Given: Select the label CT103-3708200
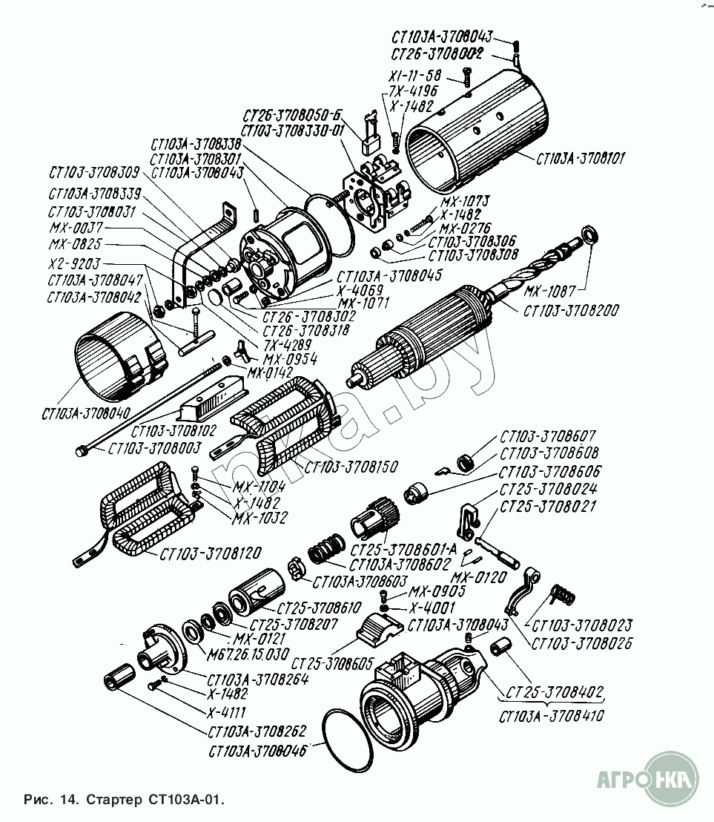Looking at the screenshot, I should coord(571,311).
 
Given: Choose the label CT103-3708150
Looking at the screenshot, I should coord(351,467).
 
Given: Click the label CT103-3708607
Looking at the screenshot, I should coord(549,436).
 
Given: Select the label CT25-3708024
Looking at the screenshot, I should coord(549,490).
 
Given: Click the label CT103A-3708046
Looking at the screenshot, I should coord(268,749).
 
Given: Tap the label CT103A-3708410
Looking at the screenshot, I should coord(552,717).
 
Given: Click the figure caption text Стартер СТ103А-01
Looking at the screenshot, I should coord(155,800).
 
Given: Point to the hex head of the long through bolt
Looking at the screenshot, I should coord(80,450).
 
